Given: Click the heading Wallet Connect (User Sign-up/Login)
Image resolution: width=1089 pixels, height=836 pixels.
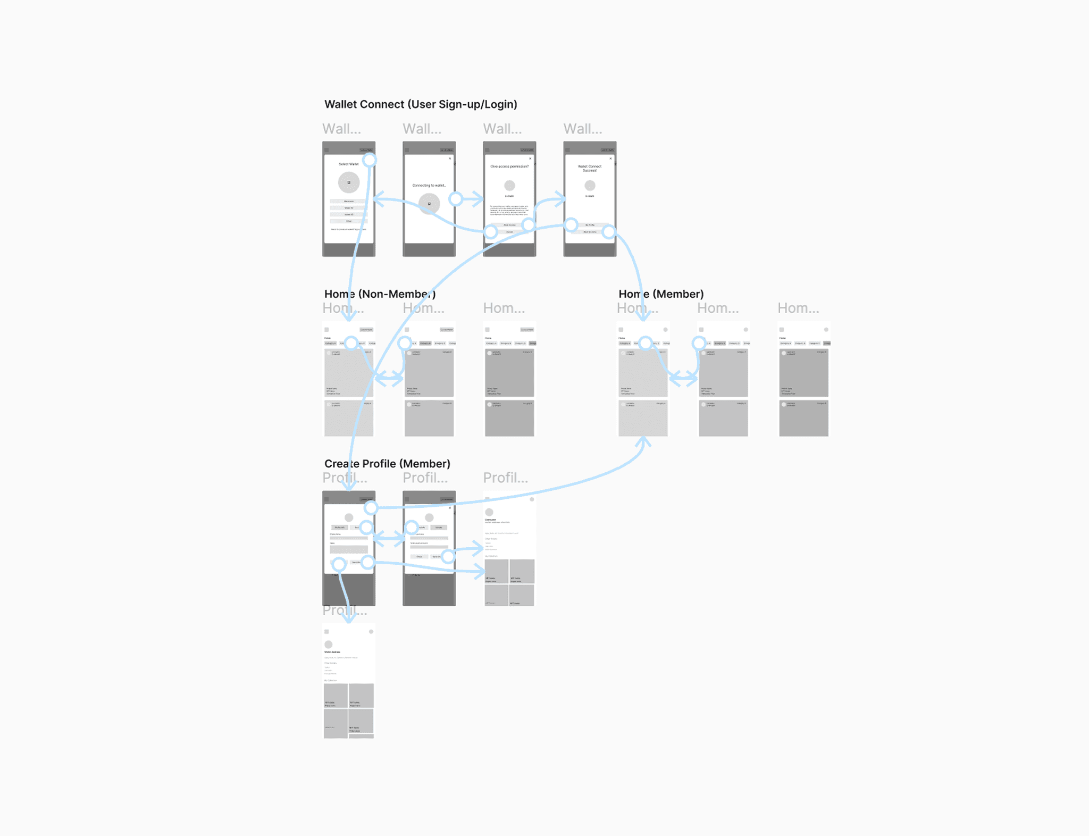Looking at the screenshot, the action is click(421, 104).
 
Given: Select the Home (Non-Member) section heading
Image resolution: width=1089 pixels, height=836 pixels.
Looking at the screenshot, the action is click(380, 294).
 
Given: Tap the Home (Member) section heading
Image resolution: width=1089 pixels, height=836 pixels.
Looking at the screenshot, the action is click(661, 294).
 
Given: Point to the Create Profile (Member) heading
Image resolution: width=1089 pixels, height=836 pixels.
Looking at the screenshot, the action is click(387, 464).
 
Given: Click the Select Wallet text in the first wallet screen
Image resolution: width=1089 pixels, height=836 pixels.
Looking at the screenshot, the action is click(348, 164).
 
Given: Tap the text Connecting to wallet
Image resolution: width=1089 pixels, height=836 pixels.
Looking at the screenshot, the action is click(429, 186).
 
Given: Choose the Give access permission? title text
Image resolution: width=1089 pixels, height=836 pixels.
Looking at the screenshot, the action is click(509, 166).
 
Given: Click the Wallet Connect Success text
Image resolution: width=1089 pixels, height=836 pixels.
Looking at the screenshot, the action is click(590, 168).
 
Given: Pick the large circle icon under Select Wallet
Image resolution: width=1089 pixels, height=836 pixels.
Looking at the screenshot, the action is click(349, 182).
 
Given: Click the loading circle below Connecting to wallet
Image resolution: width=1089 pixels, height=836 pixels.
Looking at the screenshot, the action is click(429, 204).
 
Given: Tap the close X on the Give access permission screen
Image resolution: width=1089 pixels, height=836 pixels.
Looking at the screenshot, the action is click(530, 158).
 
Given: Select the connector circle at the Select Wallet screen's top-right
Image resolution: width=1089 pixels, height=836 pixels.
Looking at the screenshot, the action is click(370, 160).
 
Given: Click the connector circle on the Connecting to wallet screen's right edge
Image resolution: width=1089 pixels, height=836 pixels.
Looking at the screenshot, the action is click(456, 199).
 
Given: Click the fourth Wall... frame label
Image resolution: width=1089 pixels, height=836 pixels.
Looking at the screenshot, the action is click(582, 129).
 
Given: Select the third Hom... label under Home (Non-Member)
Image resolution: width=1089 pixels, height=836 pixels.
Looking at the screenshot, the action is click(504, 308).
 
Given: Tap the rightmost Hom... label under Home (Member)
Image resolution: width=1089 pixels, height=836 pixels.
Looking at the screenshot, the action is click(798, 308).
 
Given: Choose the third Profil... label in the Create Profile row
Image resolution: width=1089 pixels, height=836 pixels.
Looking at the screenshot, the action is click(505, 478).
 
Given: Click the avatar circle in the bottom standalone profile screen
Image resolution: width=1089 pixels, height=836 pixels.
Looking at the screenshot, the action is click(329, 645).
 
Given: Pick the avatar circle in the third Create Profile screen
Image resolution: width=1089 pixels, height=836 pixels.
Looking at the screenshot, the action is click(489, 512).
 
